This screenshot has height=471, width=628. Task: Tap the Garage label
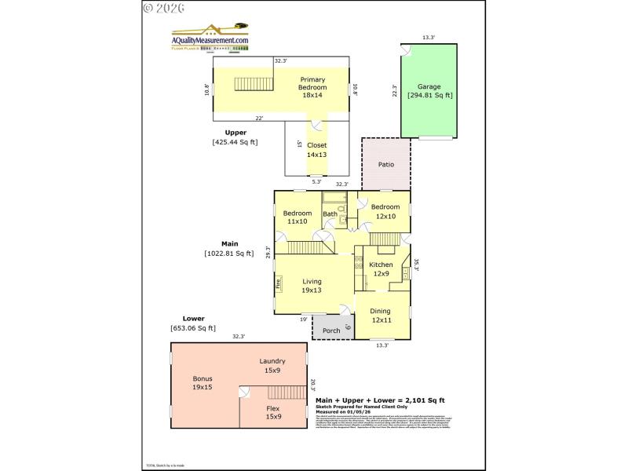429,86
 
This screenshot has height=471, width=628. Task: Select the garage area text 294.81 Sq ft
429,96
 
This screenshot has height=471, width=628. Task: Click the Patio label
385,165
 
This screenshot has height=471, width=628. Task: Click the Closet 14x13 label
316,150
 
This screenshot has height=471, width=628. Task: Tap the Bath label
330,214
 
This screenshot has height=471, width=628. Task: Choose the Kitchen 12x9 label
381,269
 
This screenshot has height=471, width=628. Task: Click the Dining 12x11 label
381,316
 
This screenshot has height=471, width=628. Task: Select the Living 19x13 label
312,286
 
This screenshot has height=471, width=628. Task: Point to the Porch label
331,330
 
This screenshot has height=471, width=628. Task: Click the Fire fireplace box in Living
278,283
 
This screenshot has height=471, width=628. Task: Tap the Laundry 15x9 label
272,365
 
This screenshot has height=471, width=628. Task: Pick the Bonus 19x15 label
203,383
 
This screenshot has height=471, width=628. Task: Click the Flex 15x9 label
272,413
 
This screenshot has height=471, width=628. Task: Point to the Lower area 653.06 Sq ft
193,328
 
